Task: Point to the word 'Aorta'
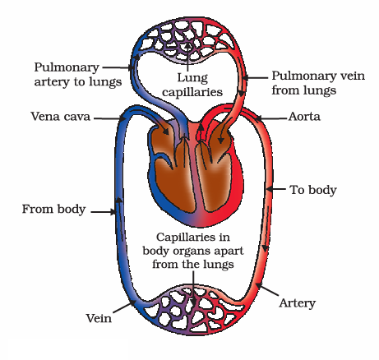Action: click(x=306, y=118)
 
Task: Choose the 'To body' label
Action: click(x=313, y=190)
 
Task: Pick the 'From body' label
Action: click(x=53, y=210)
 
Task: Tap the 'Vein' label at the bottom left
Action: click(x=99, y=316)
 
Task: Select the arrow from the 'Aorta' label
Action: click(x=270, y=118)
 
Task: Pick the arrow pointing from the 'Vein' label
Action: click(x=123, y=307)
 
